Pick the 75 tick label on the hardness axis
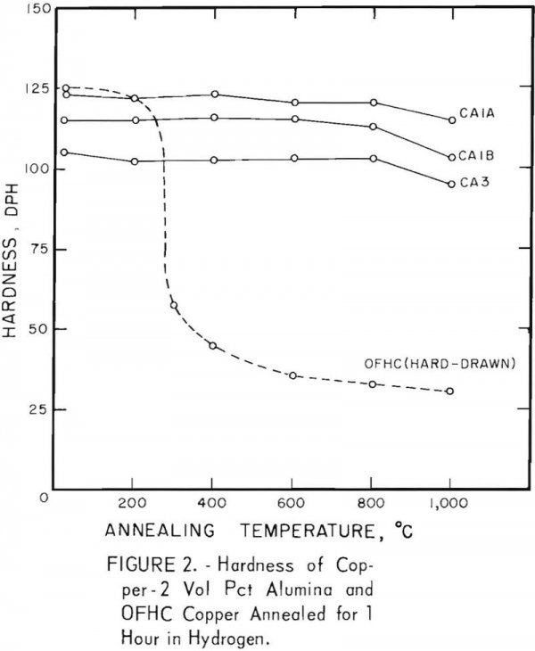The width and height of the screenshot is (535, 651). coord(28,251)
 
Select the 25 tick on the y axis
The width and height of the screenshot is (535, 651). coord(28,410)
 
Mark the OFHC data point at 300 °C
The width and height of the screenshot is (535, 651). coord(174,306)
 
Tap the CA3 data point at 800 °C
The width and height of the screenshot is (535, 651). coord(373,159)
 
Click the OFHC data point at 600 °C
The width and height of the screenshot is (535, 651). coord(292,375)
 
